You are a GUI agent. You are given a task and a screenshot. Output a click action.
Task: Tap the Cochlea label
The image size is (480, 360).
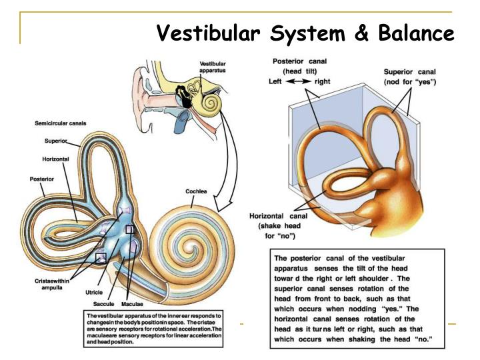point(195,191)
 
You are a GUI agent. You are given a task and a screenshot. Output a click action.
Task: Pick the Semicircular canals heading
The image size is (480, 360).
point(60,123)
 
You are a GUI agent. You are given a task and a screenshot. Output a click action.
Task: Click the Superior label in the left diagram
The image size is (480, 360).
point(55,141)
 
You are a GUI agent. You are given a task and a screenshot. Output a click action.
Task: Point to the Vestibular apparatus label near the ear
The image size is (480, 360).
point(212,67)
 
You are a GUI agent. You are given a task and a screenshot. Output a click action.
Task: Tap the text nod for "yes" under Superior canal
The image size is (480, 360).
point(409,81)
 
